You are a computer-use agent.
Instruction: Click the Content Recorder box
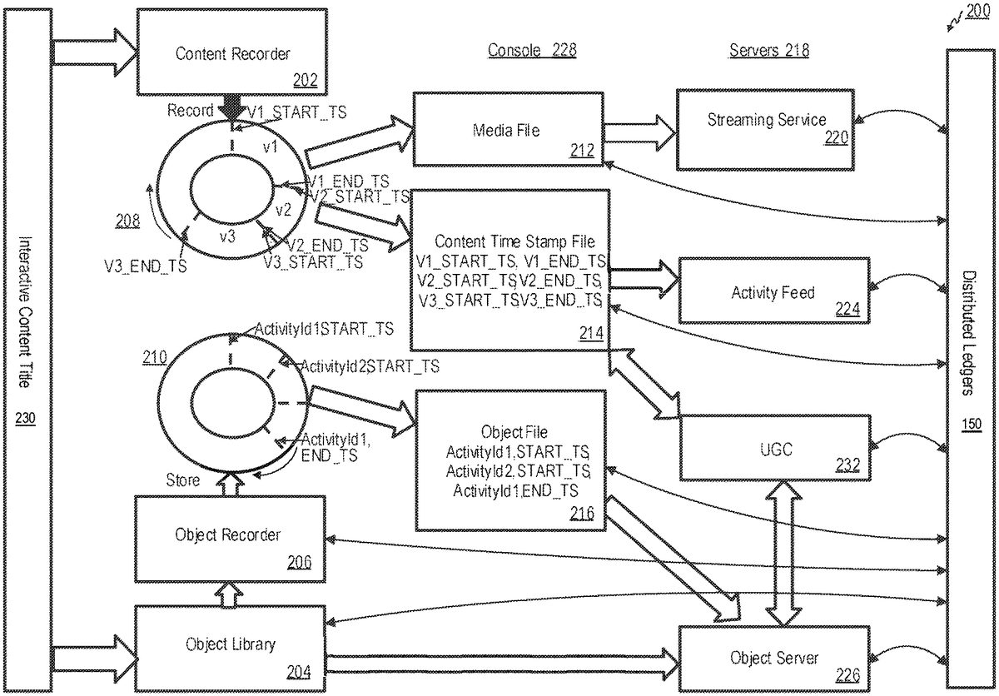tap(232, 54)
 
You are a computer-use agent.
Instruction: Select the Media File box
tap(506, 129)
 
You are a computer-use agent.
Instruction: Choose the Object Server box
tap(773, 658)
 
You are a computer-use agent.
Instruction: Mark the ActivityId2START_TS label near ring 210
tap(370, 365)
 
